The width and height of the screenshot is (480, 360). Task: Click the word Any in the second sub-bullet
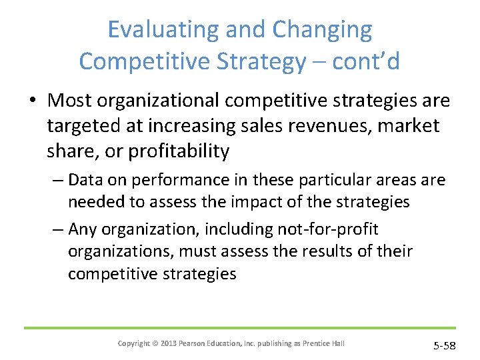tap(83, 229)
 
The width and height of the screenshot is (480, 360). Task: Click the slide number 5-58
tap(444, 345)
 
